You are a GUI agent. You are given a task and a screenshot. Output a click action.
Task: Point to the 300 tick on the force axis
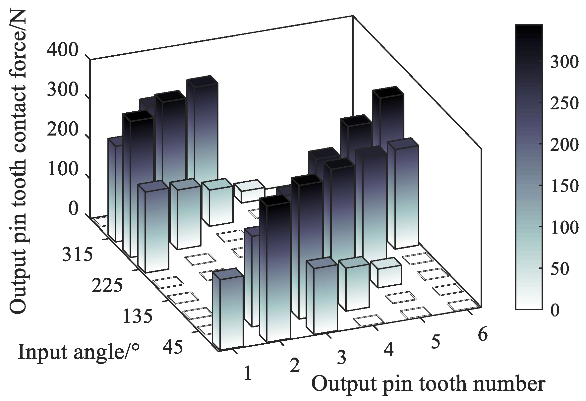click(x=63, y=90)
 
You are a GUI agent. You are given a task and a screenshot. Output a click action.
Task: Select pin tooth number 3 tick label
click(x=341, y=358)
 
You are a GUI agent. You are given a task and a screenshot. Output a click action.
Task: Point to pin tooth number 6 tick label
click(x=483, y=335)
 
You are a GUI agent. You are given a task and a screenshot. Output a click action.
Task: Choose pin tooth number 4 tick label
click(x=388, y=350)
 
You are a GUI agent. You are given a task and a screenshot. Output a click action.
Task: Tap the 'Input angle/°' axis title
click(x=79, y=352)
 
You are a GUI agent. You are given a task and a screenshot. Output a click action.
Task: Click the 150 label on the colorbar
click(x=564, y=186)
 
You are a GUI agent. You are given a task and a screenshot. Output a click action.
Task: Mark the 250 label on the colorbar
click(x=564, y=103)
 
